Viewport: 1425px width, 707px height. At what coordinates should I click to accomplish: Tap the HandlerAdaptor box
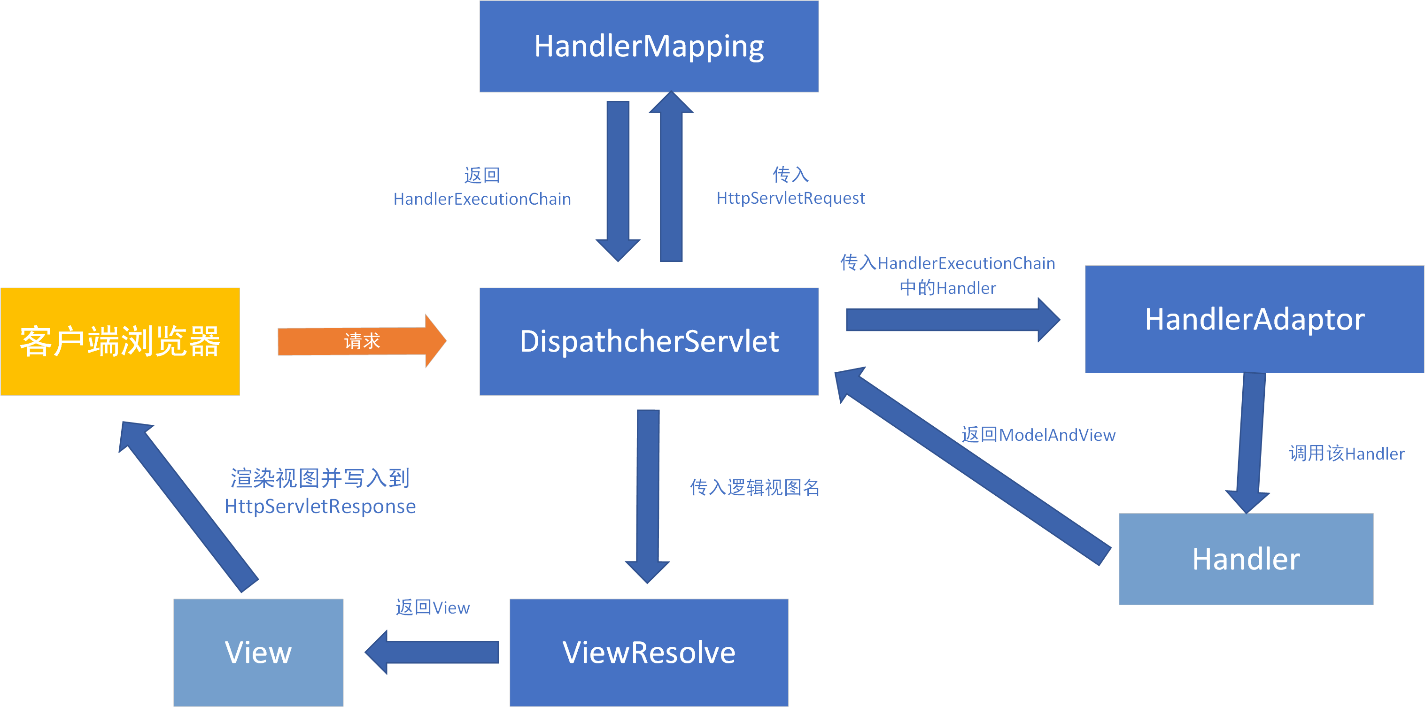[1254, 319]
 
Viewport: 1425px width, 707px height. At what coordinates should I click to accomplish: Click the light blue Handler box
[1245, 558]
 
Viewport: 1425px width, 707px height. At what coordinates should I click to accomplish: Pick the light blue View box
[258, 652]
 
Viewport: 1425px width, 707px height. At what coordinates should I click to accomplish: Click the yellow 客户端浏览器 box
[120, 341]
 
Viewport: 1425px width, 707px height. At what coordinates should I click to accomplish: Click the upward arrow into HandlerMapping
[671, 183]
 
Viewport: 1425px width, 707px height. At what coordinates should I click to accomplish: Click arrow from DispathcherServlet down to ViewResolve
[648, 492]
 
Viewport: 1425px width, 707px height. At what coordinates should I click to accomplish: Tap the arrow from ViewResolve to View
[437, 652]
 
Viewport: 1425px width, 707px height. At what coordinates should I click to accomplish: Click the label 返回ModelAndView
[1038, 435]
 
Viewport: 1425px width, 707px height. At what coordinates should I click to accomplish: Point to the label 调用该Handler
[1347, 454]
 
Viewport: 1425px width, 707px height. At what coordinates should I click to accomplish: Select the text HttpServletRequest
[790, 199]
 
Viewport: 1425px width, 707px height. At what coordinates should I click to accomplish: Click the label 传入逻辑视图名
[755, 488]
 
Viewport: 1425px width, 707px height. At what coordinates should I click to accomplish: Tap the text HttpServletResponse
[320, 507]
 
